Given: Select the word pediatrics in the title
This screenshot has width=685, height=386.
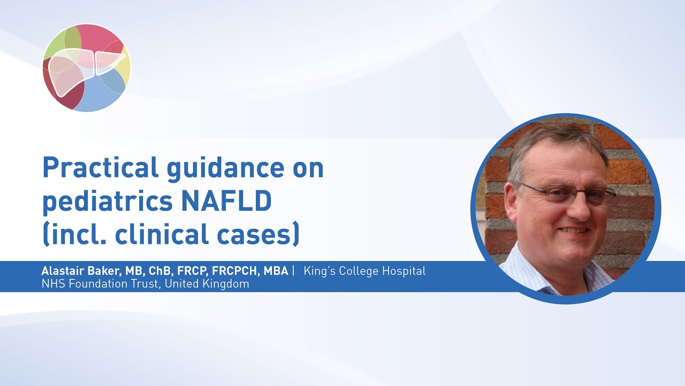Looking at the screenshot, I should point(107,202).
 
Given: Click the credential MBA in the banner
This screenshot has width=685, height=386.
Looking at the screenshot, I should point(276,271).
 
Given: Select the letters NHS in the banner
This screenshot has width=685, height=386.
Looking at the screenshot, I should point(51,284).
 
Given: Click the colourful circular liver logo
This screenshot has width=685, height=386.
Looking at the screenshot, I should point(87,68).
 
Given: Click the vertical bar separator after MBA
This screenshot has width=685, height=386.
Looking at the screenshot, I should point(293,271).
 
